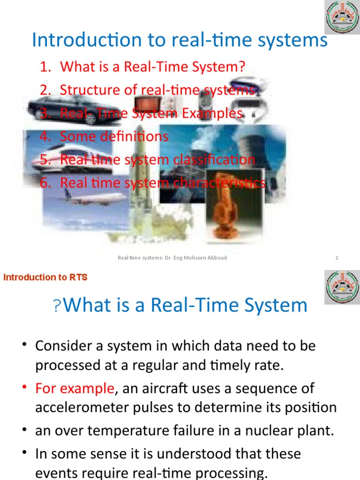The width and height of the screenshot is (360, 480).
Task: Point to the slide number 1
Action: click(337, 258)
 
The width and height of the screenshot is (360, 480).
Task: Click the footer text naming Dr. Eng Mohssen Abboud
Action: click(172, 258)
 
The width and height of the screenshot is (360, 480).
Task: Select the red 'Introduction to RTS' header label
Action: click(45, 277)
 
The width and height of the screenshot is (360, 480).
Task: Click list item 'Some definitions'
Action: click(113, 136)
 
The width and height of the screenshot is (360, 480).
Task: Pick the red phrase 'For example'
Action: click(75, 388)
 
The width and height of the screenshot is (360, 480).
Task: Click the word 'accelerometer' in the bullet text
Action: click(82, 407)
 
